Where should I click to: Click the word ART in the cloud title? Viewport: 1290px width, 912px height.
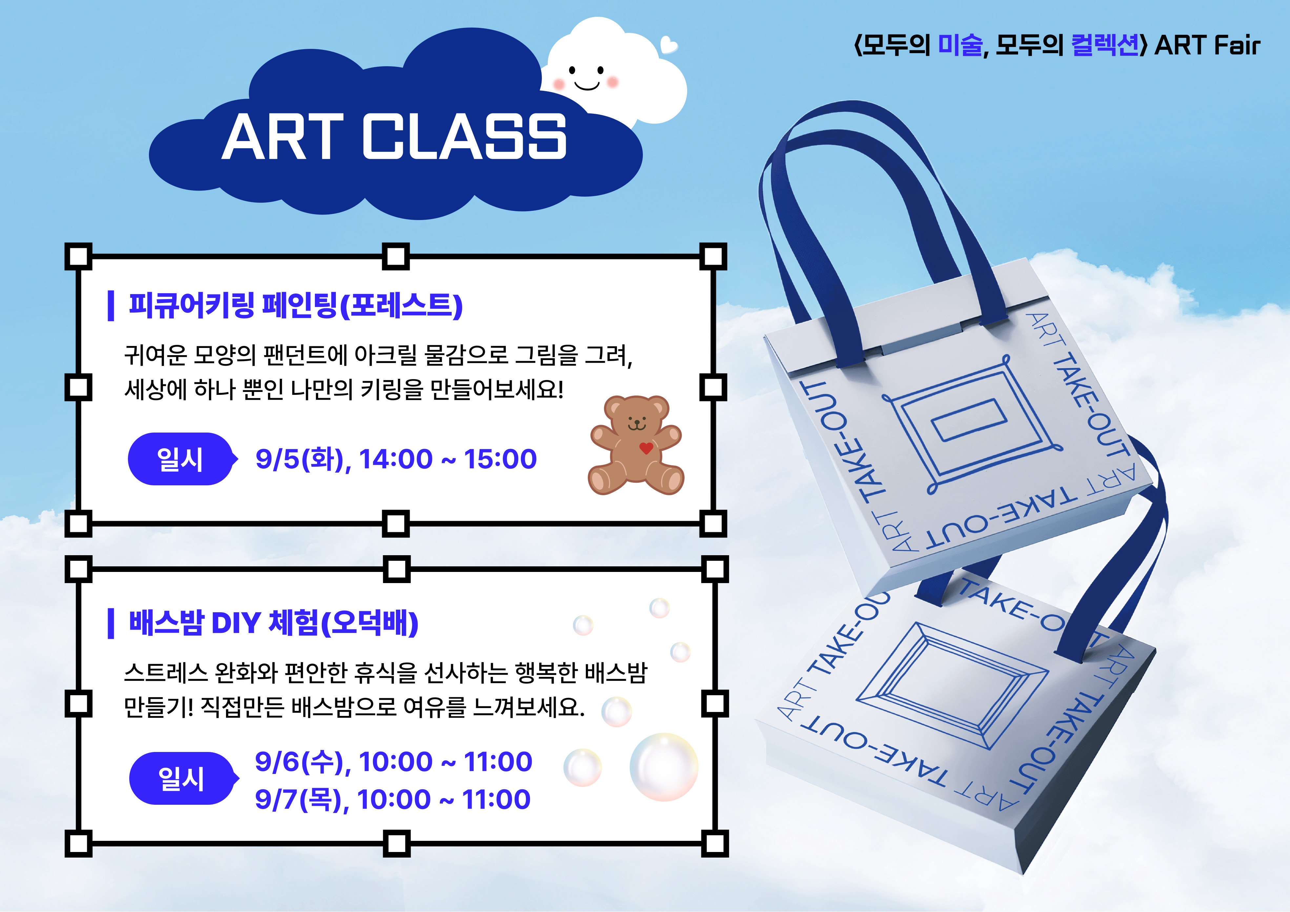[283, 136]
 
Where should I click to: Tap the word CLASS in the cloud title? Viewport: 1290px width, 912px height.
[464, 136]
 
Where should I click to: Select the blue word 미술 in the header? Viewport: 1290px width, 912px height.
[961, 45]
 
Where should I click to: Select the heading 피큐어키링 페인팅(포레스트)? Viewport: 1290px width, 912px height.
[296, 306]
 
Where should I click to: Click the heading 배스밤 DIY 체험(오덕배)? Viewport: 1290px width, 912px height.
[274, 623]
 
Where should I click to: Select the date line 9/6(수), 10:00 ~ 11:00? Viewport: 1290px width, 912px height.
[393, 762]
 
